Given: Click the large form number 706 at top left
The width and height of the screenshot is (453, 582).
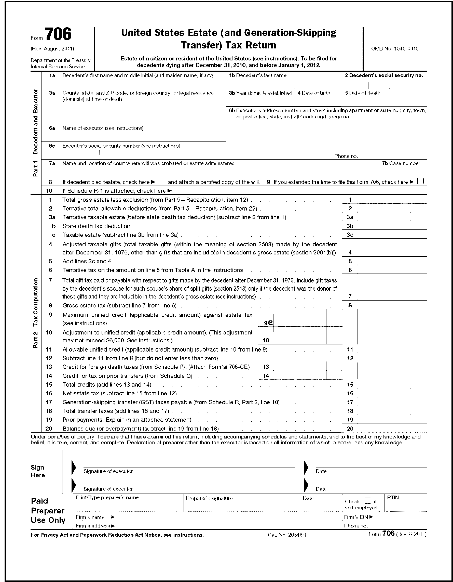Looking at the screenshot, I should (x=58, y=34).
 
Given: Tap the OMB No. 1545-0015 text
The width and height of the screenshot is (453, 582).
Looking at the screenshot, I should (x=395, y=48).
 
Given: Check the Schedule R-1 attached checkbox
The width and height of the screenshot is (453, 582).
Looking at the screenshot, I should (x=183, y=190).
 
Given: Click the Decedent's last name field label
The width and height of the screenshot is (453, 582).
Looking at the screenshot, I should (x=258, y=75).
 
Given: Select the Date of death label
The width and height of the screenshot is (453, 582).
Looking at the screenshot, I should (x=363, y=93).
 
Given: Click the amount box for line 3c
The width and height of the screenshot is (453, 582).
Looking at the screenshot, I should (x=384, y=235).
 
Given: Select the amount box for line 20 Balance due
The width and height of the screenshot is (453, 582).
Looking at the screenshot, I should (x=384, y=429).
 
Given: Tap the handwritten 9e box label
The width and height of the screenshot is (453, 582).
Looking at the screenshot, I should (x=268, y=322).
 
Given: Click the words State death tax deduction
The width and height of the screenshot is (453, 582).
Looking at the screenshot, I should (x=96, y=226).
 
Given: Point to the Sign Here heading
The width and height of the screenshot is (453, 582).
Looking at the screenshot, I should (x=37, y=471).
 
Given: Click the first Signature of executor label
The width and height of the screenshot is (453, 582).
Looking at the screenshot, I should (x=108, y=471).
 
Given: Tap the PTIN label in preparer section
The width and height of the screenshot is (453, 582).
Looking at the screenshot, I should (x=393, y=498).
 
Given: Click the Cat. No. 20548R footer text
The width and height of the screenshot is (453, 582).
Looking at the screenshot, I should (x=287, y=535).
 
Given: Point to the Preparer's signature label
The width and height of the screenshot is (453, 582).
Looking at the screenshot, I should (x=209, y=498).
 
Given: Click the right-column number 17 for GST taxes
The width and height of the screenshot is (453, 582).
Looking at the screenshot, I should (x=350, y=402).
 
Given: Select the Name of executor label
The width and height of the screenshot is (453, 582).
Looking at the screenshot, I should (x=103, y=128).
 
